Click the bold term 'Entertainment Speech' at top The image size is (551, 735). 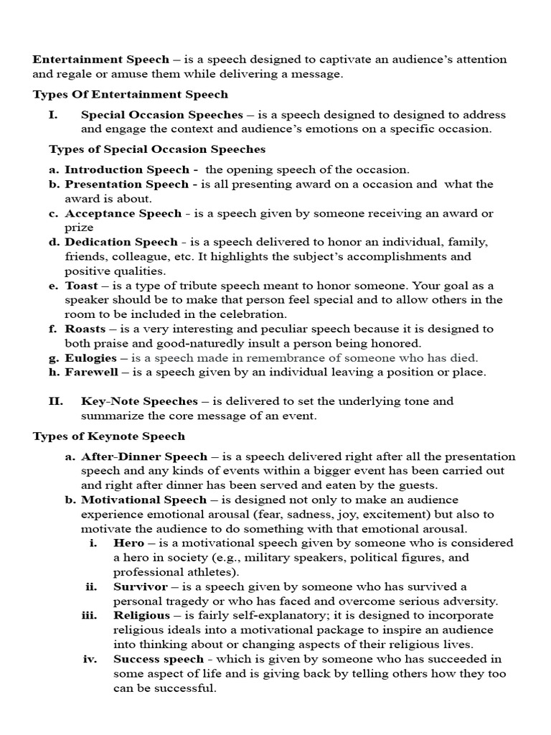tap(101, 59)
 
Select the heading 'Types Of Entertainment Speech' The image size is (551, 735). tap(130, 94)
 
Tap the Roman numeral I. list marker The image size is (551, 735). tap(53, 115)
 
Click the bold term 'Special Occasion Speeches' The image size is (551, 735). tap(161, 115)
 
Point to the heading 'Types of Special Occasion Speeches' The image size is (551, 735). tap(157, 149)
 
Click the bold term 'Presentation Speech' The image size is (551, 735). tap(126, 184)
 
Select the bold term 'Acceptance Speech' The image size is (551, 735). tap(123, 213)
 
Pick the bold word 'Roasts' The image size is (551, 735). tap(84, 329)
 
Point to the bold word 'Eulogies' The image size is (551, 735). tap(90, 357)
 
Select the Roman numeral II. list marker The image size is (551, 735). tap(56, 401)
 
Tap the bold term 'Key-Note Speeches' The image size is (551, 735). tap(139, 401)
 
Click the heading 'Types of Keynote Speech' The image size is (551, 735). tap(108, 436)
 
